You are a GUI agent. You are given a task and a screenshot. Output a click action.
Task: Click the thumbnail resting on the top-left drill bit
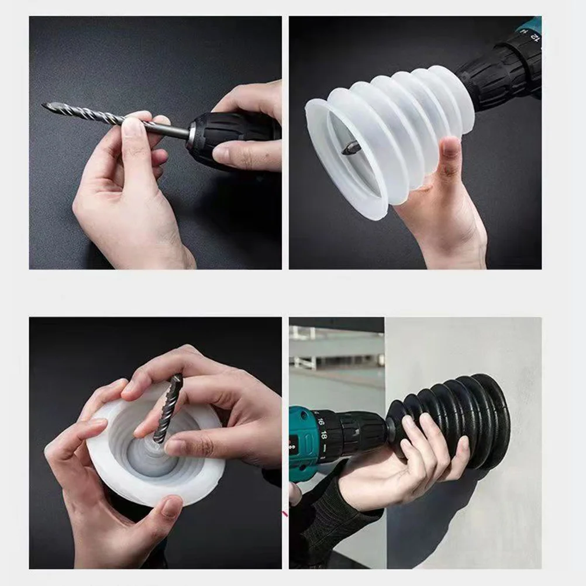point(133,126)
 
